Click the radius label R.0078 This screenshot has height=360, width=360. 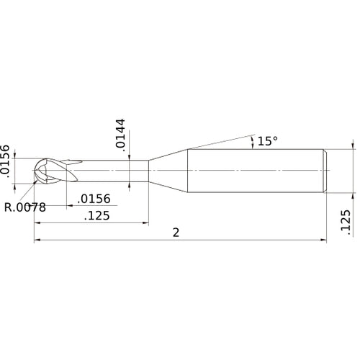pos(24,207)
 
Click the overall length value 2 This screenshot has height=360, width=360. pos(176,233)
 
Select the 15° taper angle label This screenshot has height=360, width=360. pos(266,142)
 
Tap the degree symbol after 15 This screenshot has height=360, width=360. pos(275,139)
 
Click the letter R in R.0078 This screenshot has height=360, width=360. pos(8,207)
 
